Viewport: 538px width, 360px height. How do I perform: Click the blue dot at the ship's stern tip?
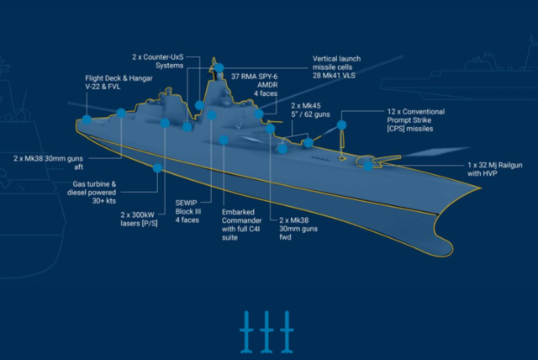[x=87, y=120]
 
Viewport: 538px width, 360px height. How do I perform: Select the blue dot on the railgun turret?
[x=368, y=166]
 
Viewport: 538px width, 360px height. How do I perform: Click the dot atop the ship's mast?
[x=219, y=66]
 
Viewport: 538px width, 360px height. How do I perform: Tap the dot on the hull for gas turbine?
[x=157, y=168]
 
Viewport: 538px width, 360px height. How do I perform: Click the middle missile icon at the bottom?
[x=268, y=332]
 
